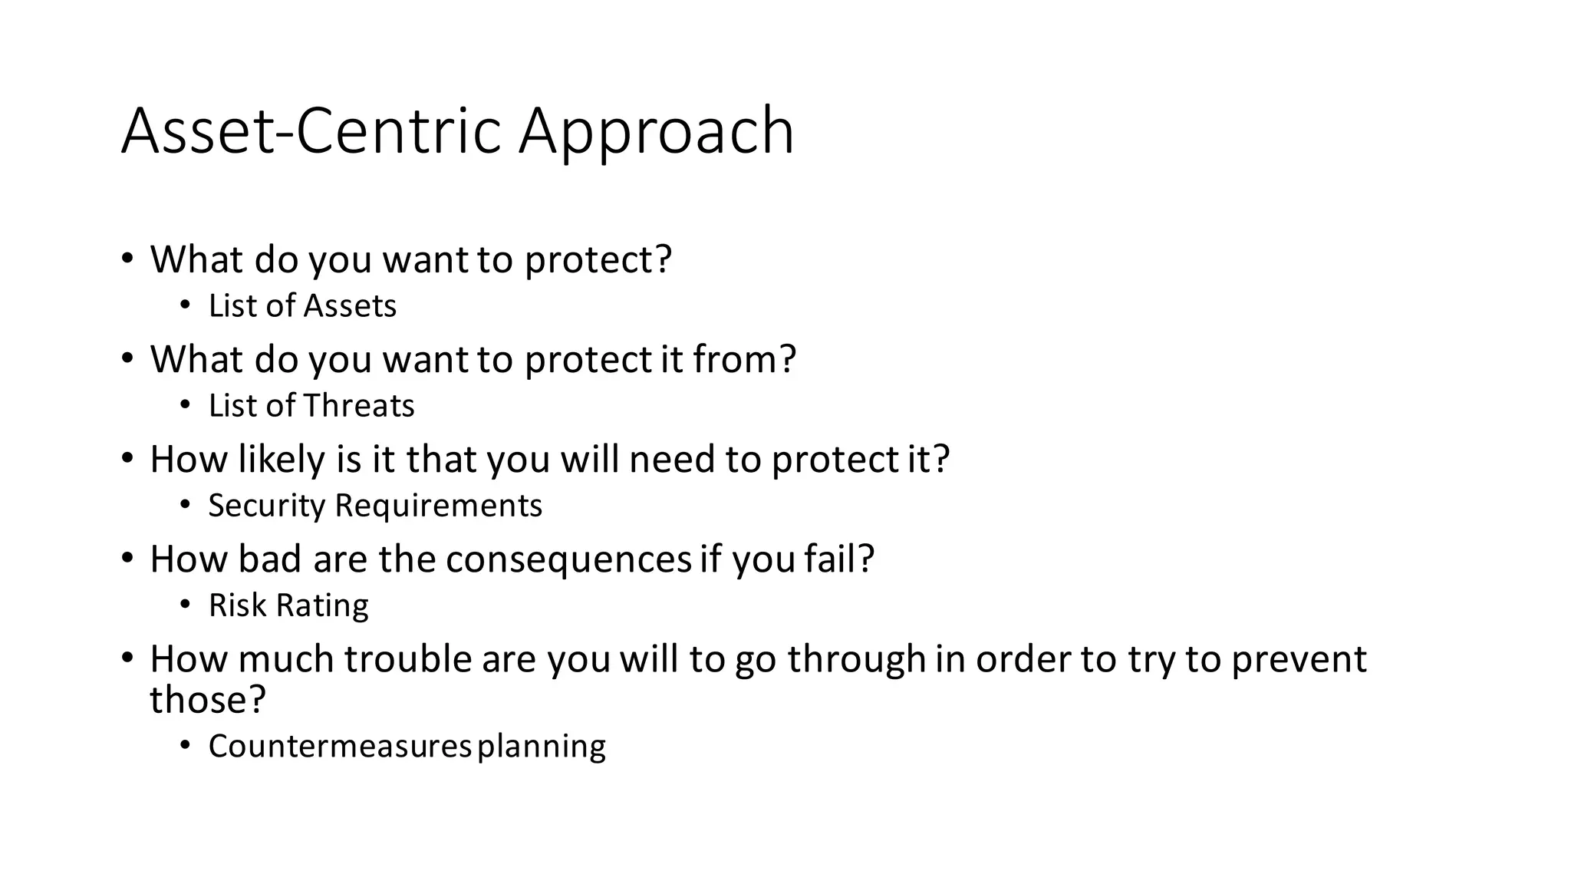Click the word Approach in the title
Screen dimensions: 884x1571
[x=657, y=132]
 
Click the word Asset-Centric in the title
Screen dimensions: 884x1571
[x=311, y=132]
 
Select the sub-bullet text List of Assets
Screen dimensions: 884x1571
[x=302, y=306]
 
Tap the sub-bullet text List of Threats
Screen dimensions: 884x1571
[x=311, y=406]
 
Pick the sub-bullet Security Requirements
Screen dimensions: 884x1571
[x=375, y=506]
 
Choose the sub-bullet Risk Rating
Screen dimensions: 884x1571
[x=288, y=605]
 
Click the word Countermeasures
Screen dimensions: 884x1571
[x=339, y=747]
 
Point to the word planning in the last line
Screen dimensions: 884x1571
[x=542, y=747]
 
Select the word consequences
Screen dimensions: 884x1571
[x=568, y=559]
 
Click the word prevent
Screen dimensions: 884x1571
[x=1299, y=659]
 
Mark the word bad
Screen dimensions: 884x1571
[x=270, y=559]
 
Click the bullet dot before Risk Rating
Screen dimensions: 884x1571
[x=185, y=605]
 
